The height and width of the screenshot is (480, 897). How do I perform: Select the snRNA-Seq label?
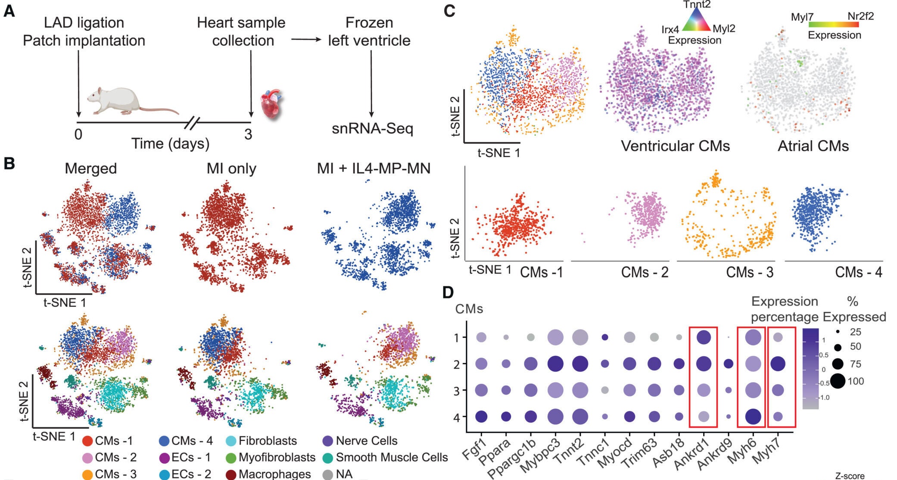(372, 128)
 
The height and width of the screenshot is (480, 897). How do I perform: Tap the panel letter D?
(448, 293)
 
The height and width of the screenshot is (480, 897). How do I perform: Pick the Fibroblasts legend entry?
(267, 441)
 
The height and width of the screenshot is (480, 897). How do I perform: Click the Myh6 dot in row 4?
(753, 417)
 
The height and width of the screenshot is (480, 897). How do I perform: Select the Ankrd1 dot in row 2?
(703, 364)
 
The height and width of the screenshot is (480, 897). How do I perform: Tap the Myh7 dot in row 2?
(778, 364)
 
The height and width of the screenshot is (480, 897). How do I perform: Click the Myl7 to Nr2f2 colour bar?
(833, 25)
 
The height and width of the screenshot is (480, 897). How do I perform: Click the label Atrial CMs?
(813, 146)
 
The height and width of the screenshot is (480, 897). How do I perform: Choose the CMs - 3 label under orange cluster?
(749, 272)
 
